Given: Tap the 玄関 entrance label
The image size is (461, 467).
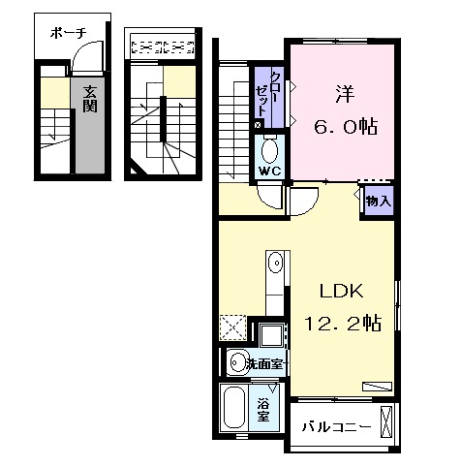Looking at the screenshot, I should (89, 100).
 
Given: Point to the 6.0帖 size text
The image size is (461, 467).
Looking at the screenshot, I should (344, 127).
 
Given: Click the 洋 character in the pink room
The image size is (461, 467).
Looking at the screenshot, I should (343, 94).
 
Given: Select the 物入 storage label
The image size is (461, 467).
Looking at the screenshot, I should (378, 202).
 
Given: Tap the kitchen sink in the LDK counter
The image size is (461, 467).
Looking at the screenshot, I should (275, 261).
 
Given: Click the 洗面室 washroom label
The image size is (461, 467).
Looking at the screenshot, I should (263, 364).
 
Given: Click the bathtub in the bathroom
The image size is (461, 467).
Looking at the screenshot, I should (235, 408).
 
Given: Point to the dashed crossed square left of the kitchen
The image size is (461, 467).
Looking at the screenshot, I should (233, 327).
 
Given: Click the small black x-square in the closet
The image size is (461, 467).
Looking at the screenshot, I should (258, 125).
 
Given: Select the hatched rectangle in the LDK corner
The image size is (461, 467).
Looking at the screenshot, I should (377, 386).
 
